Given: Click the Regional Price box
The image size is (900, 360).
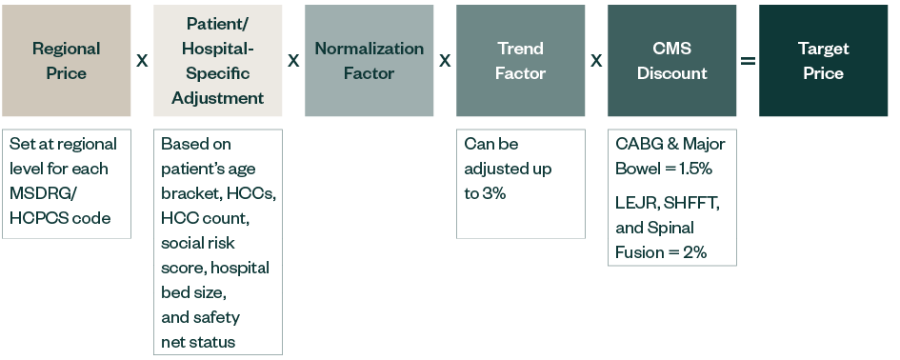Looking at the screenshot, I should click(x=66, y=60).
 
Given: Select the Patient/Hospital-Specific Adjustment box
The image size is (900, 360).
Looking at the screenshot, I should click(x=217, y=60).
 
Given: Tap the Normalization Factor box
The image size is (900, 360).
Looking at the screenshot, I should click(x=369, y=60).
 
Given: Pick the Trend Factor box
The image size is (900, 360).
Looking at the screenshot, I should click(x=520, y=60).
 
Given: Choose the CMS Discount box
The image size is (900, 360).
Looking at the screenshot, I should click(x=671, y=60).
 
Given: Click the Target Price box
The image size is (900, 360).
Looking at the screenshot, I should click(x=823, y=60).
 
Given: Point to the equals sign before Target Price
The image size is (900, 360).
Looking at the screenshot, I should click(x=748, y=61).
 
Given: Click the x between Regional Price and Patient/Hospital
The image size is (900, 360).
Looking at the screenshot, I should click(x=142, y=61).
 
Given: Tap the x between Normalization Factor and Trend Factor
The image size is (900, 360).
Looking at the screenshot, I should click(x=445, y=61).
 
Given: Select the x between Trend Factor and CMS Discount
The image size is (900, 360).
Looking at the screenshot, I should click(x=596, y=61).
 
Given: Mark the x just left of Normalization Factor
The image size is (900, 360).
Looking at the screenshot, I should click(x=293, y=61).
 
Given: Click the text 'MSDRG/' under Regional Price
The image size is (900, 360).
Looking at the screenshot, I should click(x=40, y=193).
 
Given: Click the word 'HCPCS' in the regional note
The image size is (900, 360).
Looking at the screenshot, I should click(x=38, y=218).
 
